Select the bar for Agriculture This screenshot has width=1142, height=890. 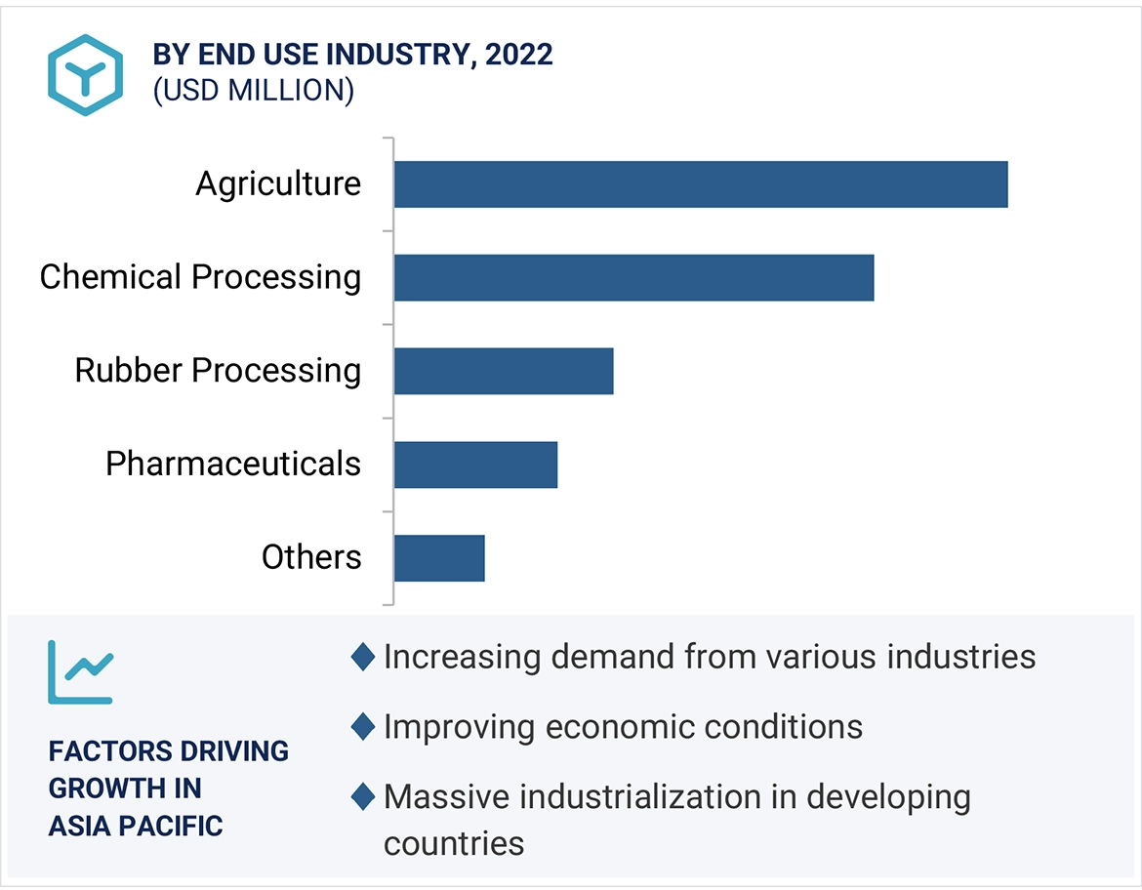[x=700, y=184]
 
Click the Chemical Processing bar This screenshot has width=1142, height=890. [x=633, y=277]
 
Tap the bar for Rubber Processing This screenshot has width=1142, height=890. [x=504, y=371]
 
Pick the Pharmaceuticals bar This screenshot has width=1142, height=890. [x=475, y=464]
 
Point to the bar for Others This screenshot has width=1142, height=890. [x=439, y=557]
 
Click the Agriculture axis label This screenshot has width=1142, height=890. [x=278, y=184]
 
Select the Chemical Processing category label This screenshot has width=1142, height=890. [x=200, y=277]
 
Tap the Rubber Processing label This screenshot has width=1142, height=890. [x=218, y=371]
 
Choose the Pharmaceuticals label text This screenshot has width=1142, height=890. [x=233, y=464]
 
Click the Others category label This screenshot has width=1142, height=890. [x=311, y=557]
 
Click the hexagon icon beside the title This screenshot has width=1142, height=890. [x=86, y=74]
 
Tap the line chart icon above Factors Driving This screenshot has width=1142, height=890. [x=80, y=671]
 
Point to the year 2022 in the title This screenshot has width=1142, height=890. [x=519, y=55]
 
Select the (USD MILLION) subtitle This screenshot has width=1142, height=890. [x=253, y=91]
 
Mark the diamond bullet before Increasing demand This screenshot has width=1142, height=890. [x=363, y=657]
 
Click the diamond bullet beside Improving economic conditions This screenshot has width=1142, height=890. [x=363, y=727]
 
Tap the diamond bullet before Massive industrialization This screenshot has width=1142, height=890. [x=363, y=797]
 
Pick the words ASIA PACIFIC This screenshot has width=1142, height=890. [x=136, y=826]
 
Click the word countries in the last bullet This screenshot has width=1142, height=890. [x=454, y=842]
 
